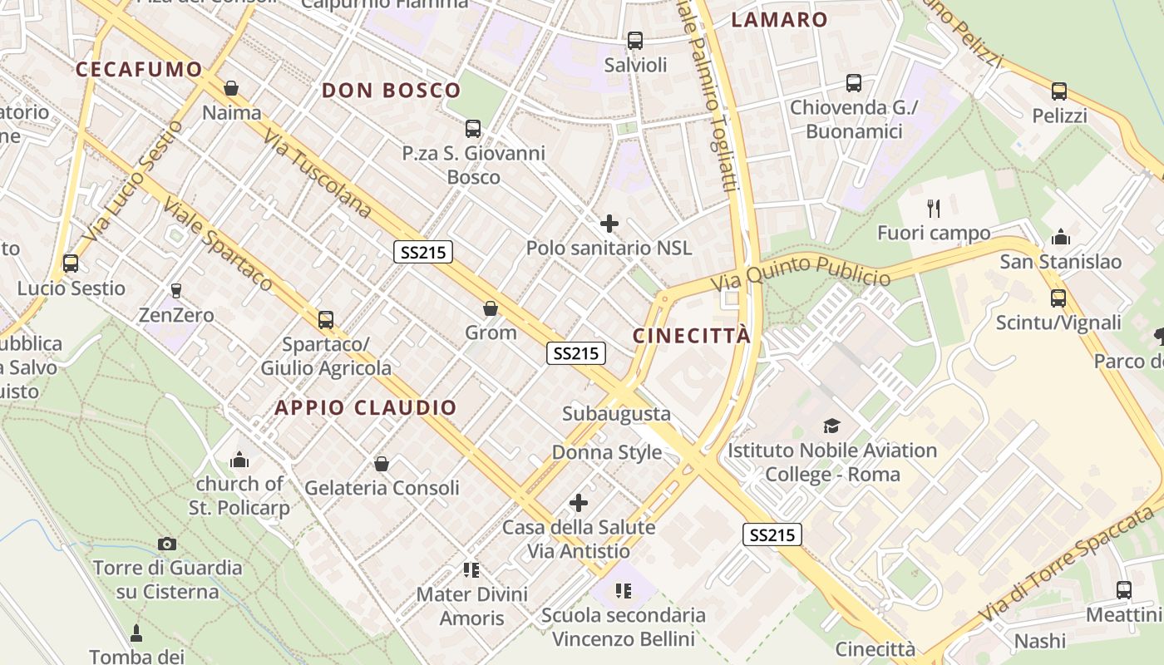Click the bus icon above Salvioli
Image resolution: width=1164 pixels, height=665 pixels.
point(635,40)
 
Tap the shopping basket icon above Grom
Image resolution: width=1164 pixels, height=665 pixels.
point(491,308)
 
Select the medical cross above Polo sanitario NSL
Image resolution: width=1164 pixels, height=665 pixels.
point(609,223)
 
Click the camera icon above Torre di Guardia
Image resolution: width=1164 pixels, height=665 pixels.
point(167,544)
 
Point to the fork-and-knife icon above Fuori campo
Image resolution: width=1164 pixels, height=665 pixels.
point(934,208)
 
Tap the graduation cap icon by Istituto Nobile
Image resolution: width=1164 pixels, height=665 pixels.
point(831,426)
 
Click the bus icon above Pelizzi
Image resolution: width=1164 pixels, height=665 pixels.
point(1058,91)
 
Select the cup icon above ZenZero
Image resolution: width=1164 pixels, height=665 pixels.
point(175,290)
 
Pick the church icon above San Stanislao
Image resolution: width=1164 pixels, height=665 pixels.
point(1060,238)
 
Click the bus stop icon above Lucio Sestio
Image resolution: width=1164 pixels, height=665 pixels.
point(71,264)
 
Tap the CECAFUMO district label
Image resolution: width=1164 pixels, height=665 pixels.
point(139,70)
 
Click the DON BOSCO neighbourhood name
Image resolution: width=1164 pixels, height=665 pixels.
point(391,91)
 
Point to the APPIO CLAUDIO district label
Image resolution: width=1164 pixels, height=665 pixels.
point(366,407)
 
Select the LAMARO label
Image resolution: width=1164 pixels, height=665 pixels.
point(779,20)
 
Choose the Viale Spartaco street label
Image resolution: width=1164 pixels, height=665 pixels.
point(218,244)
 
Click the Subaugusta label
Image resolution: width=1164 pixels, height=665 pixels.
point(616,413)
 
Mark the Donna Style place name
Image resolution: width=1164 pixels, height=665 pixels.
point(607,452)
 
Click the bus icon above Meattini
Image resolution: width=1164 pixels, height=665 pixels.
point(1124,590)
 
